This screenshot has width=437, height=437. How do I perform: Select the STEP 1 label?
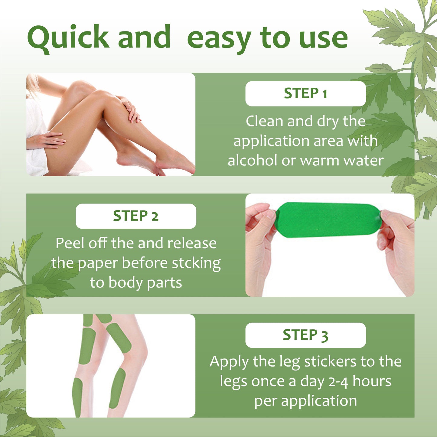pyautogui.click(x=305, y=93)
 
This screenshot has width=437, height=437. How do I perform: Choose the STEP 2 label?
pyautogui.click(x=135, y=216)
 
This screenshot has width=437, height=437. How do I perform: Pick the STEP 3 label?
pyautogui.click(x=305, y=335)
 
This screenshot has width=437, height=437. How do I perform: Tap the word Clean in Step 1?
pyautogui.click(x=265, y=121)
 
